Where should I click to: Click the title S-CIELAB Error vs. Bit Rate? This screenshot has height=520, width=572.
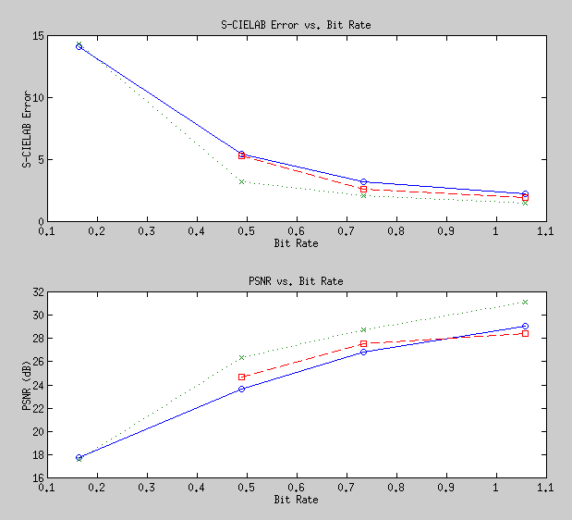[296, 24]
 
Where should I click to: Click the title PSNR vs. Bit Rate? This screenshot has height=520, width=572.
[296, 280]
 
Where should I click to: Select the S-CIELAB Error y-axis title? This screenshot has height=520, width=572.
[28, 129]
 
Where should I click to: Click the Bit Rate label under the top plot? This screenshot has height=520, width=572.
[296, 243]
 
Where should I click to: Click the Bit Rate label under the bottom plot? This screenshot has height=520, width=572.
[296, 500]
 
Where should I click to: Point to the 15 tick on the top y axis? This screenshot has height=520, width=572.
[38, 36]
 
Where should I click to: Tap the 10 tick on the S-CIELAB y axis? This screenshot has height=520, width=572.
[38, 98]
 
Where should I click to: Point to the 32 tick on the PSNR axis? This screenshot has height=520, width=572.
[38, 292]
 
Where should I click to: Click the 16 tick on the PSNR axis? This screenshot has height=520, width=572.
[38, 478]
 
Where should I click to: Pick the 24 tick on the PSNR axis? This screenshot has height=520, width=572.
[38, 385]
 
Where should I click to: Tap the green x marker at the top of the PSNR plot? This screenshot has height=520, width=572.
[525, 302]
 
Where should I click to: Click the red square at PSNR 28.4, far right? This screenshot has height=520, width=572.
[525, 333]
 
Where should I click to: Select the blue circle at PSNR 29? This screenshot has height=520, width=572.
[525, 327]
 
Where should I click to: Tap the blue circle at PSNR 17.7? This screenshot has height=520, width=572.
[79, 458]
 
